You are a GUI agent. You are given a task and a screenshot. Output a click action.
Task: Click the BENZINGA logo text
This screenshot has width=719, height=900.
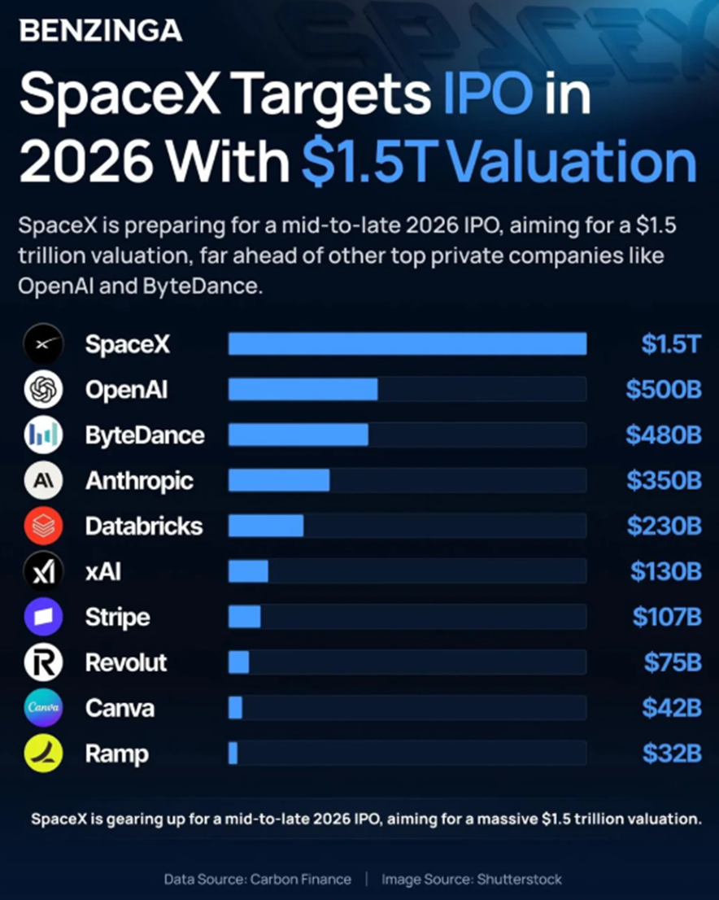tap(100, 31)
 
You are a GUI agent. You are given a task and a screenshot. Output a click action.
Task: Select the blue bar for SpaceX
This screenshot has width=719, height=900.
tap(407, 344)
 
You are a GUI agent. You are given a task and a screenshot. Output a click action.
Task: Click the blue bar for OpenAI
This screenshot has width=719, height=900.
tap(303, 390)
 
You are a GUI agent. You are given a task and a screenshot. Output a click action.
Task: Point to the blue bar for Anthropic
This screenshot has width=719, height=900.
tap(278, 481)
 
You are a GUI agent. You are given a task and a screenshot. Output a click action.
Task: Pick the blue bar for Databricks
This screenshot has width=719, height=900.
tap(265, 526)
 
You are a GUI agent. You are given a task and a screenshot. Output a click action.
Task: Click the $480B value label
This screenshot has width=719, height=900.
tap(663, 435)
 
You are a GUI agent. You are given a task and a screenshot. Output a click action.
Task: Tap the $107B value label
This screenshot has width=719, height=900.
tap(666, 617)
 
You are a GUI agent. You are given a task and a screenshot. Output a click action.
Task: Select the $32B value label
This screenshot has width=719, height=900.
tap(671, 754)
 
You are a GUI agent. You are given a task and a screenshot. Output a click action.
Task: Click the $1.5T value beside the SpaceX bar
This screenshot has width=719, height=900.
tap(670, 344)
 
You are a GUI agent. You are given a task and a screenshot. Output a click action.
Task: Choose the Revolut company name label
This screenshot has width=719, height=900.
tap(126, 662)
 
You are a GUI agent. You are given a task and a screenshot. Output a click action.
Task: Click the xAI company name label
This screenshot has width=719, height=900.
tap(103, 571)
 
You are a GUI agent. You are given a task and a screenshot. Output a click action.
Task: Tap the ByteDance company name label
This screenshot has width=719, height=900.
tap(145, 435)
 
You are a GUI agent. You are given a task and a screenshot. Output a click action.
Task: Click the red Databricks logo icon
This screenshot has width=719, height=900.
tap(43, 526)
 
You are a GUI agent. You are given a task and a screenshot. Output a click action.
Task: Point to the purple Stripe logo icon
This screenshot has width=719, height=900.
tap(43, 617)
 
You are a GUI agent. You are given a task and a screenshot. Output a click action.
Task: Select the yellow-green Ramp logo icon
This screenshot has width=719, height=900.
tap(43, 754)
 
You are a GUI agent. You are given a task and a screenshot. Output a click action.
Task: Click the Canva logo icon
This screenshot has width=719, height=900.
tap(43, 708)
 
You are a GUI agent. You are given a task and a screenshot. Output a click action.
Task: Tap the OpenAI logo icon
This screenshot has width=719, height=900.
tap(43, 390)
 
